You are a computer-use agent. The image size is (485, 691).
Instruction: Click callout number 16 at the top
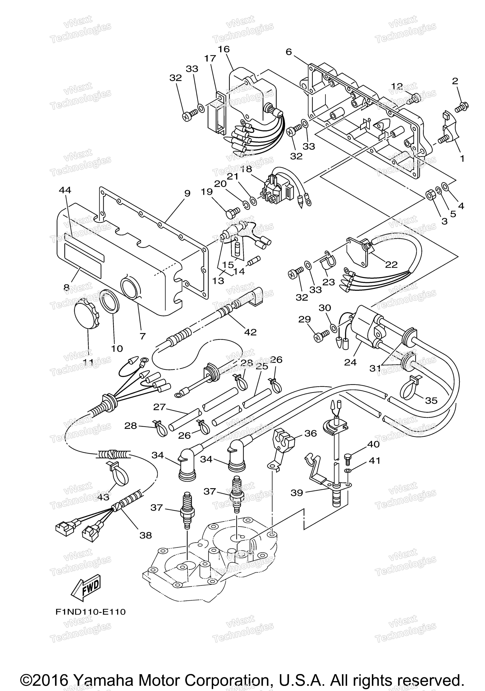point(224,49)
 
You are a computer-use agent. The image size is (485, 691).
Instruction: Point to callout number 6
point(289,52)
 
